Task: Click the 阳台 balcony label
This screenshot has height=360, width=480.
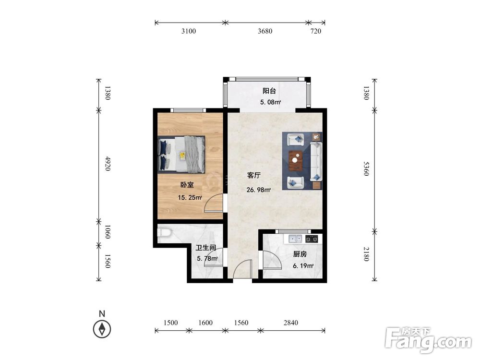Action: pos(269,91)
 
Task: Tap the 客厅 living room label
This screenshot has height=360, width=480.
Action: pos(254,175)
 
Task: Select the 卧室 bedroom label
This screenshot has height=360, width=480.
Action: pos(187,185)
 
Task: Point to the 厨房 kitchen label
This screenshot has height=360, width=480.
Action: pos(300,254)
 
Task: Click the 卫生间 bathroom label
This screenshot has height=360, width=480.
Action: pos(206,247)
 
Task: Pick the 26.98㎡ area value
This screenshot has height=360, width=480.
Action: pos(259,190)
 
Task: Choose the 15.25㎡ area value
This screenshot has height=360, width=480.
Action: pos(190,198)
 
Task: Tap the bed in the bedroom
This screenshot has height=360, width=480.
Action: pos(181,154)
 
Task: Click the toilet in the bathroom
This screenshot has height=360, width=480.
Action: pos(164,232)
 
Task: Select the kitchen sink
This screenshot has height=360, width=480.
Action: pos(296,238)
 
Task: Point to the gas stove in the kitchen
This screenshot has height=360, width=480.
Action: pos(312,239)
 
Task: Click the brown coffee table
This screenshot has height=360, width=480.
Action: pos(295,160)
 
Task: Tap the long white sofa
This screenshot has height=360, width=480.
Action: pos(316,161)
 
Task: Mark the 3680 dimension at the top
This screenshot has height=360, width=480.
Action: pos(265,31)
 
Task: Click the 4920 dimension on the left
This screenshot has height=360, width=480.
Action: pos(108,164)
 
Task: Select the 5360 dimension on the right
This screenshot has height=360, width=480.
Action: pos(366,168)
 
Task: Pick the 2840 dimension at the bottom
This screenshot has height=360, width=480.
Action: pos(290,323)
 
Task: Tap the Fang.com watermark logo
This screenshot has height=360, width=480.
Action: pos(428,340)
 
